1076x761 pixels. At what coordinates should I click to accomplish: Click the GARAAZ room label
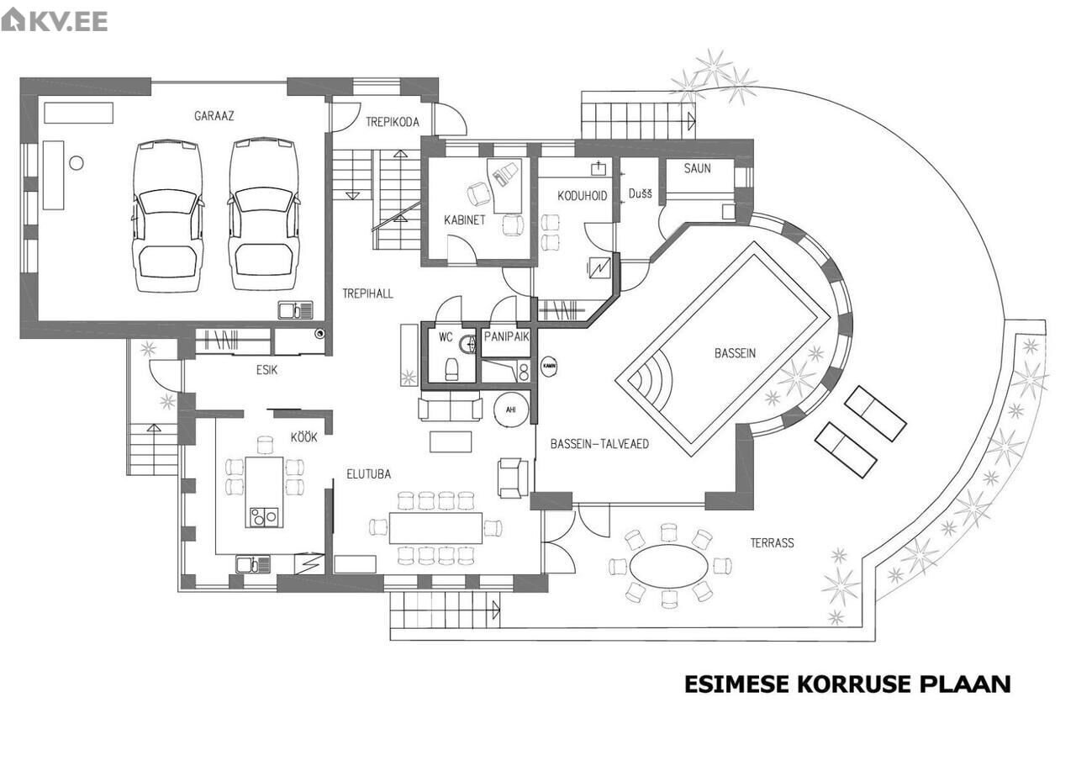[x=214, y=116]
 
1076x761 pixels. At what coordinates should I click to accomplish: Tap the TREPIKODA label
[x=393, y=122]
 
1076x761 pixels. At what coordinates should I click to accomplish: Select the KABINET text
[x=465, y=220]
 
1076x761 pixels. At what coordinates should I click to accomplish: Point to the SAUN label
[x=698, y=168]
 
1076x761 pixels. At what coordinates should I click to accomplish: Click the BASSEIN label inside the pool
[x=735, y=353]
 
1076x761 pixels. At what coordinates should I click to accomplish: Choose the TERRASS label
[x=772, y=543]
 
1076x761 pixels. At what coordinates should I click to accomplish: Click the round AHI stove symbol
[x=511, y=410]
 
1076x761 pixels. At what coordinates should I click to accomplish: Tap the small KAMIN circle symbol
[x=550, y=366]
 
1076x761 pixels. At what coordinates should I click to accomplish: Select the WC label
[x=446, y=337]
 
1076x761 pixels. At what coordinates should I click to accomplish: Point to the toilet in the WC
[x=452, y=369]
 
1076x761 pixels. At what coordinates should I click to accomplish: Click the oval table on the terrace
[x=668, y=565]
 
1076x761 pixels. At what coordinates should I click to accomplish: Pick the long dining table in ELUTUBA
[x=435, y=528]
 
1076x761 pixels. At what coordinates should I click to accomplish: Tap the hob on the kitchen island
[x=264, y=517]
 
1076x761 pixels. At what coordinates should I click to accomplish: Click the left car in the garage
[x=167, y=216]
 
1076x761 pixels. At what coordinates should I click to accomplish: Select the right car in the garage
[x=264, y=214]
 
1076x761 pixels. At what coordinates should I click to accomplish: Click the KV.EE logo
[x=55, y=20]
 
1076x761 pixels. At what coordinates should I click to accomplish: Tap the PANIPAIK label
[x=506, y=336]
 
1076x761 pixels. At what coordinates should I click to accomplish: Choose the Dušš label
[x=641, y=193]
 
